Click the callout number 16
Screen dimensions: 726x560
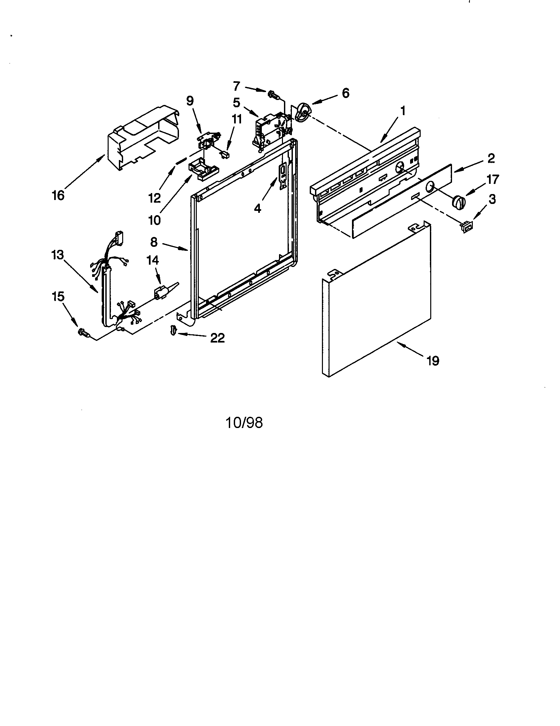click(58, 195)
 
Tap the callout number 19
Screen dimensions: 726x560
click(433, 361)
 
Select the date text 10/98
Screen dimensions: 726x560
click(244, 423)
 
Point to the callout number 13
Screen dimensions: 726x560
click(57, 255)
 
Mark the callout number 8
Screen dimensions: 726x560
click(154, 242)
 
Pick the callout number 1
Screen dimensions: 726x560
click(403, 111)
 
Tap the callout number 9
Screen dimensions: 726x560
click(190, 101)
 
